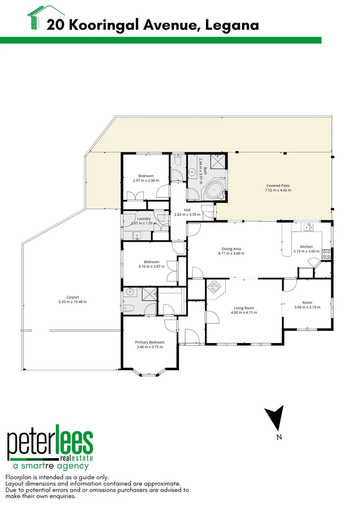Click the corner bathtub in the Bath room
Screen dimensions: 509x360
click(215, 190)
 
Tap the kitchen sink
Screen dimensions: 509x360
click(309, 228)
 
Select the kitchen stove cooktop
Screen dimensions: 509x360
click(327, 254)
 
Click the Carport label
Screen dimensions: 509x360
click(73, 297)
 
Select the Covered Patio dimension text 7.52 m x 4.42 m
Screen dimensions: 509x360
click(278, 190)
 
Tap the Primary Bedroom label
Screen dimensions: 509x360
click(150, 342)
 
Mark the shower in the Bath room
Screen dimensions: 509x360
click(217, 163)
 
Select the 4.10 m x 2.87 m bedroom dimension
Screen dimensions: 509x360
click(149, 267)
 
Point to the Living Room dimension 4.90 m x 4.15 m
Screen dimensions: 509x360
click(243, 312)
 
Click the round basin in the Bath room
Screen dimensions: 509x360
click(192, 172)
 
